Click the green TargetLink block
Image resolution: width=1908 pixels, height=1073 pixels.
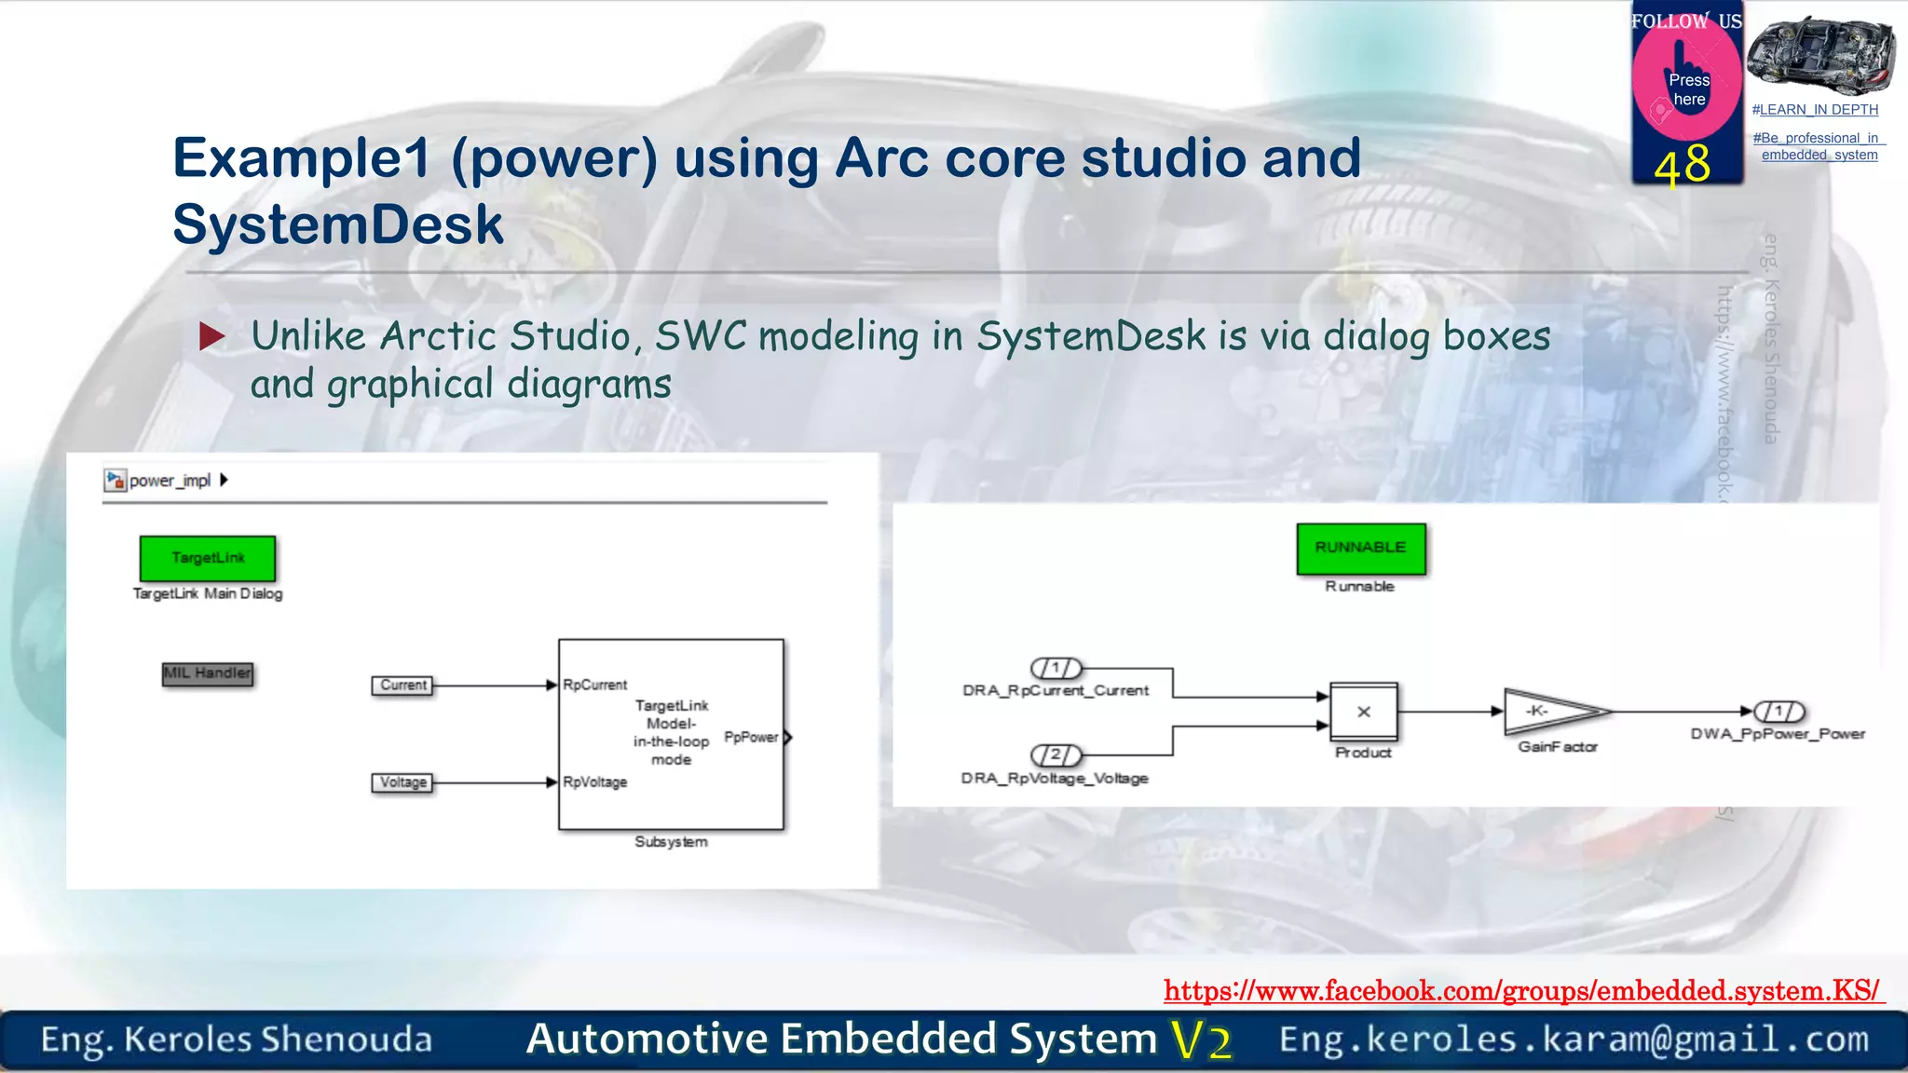(x=207, y=558)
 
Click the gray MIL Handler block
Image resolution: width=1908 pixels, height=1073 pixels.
(x=207, y=673)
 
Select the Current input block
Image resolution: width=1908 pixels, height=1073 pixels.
(x=402, y=686)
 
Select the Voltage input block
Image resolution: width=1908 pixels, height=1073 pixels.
(x=402, y=782)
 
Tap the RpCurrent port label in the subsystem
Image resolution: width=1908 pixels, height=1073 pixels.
(x=594, y=685)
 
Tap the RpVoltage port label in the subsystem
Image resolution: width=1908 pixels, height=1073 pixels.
(x=594, y=782)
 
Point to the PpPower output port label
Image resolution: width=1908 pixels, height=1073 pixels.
(x=751, y=737)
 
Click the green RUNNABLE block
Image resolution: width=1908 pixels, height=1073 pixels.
(x=1360, y=548)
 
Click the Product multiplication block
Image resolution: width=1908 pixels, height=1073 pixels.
(x=1363, y=712)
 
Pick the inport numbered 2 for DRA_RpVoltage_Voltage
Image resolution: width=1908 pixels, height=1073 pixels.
(x=1056, y=754)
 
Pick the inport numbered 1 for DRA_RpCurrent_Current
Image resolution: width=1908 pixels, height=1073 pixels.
(x=1056, y=668)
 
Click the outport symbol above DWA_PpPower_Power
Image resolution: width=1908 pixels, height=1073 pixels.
(x=1779, y=712)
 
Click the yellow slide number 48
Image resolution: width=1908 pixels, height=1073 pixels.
(x=1683, y=166)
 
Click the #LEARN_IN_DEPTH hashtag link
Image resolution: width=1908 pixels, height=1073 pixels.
(x=1815, y=110)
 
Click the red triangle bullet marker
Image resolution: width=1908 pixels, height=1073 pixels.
(x=212, y=336)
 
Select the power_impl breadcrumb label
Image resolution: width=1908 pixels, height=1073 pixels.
(x=170, y=481)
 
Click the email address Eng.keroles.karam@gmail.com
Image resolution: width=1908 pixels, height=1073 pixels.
(x=1574, y=1039)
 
